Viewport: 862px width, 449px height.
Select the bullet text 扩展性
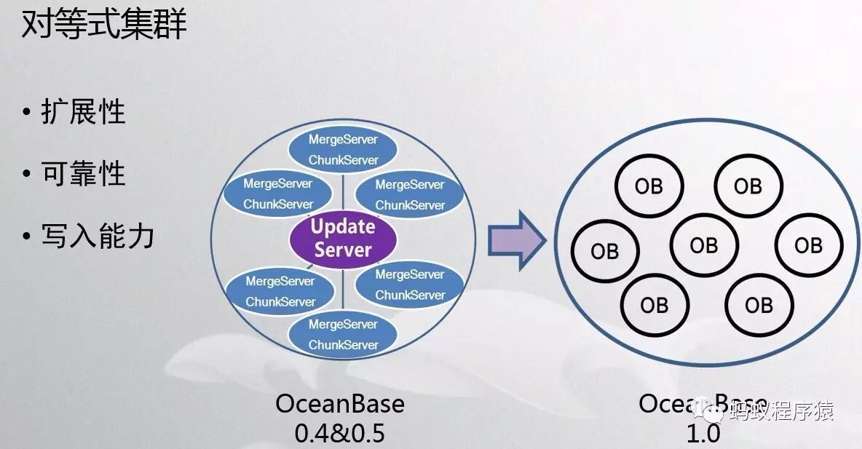83,113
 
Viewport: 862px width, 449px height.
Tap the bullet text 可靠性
83,174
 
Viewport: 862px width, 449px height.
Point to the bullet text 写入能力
98,236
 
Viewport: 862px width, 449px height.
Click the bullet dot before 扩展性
27,114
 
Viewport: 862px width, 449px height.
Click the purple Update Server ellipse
343,239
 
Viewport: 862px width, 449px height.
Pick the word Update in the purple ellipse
343,227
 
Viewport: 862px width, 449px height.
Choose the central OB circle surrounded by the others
704,245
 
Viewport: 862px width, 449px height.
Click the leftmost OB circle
605,251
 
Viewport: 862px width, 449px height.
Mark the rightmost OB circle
808,245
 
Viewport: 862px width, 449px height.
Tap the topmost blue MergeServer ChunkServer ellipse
343,150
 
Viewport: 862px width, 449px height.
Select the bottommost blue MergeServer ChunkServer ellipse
343,335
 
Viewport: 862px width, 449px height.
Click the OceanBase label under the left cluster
339,404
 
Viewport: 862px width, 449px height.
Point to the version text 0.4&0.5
339,433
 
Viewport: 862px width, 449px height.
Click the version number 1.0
703,434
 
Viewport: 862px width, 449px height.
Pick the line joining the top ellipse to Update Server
343,192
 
